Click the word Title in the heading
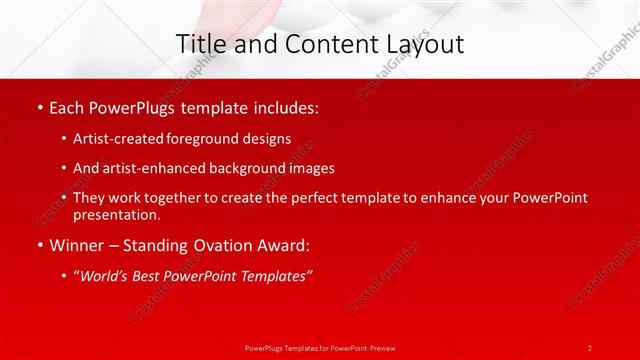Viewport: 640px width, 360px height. pos(200,44)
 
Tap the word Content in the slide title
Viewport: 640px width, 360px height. pos(321,44)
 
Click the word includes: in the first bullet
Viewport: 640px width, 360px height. pos(285,107)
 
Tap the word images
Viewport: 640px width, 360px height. pos(309,168)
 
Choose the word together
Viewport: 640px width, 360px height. pos(179,198)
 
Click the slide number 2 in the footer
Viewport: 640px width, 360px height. pos(589,347)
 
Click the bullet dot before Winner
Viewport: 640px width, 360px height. pos(39,244)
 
